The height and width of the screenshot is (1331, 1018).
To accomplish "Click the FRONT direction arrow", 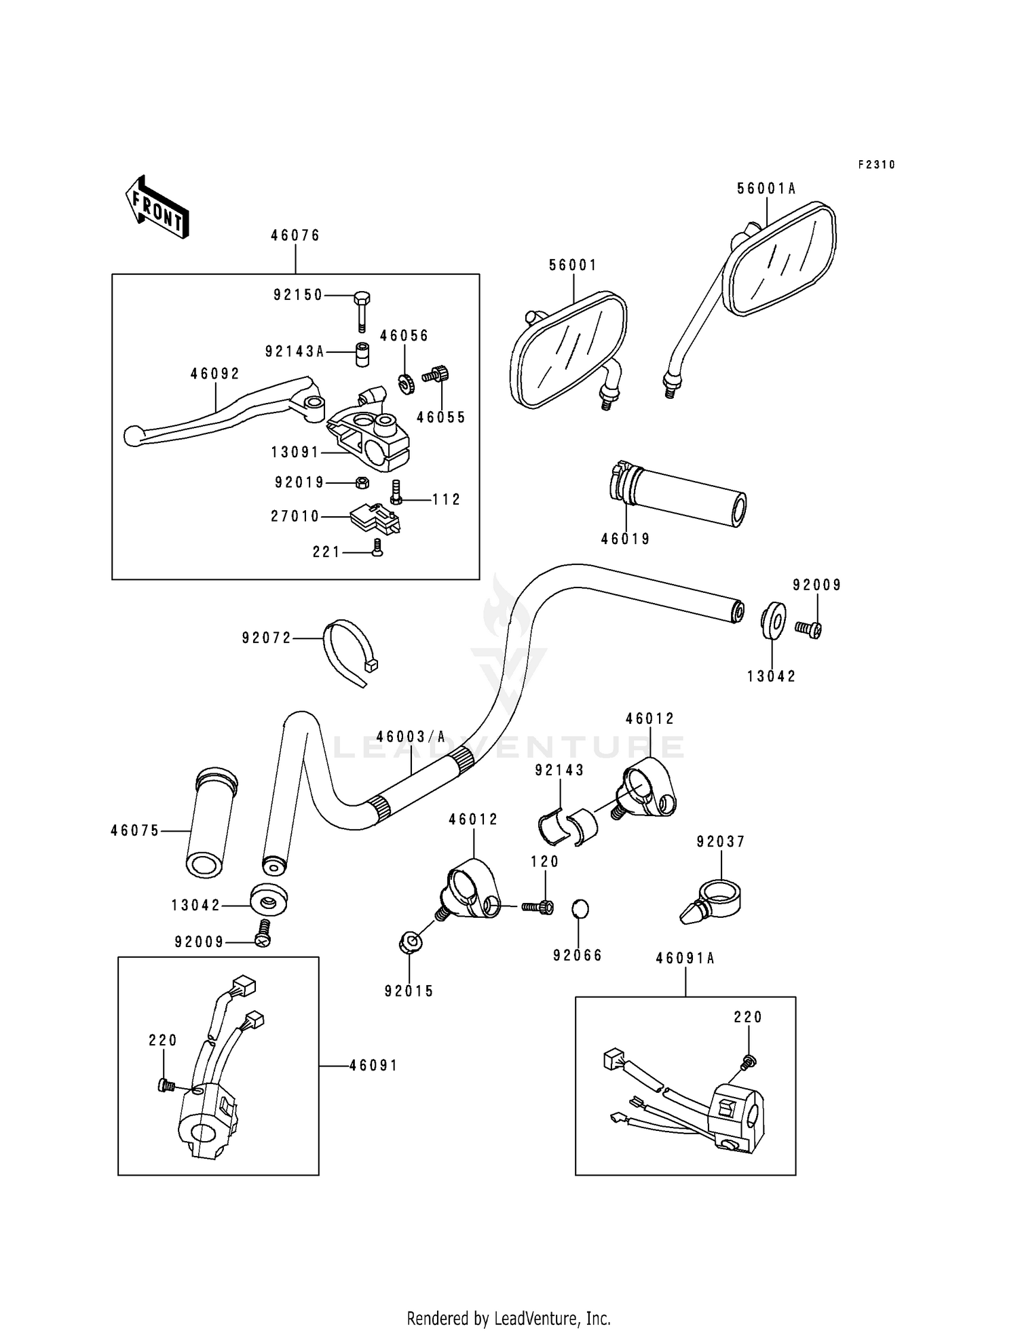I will (157, 208).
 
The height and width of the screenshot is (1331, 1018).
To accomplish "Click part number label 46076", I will (295, 236).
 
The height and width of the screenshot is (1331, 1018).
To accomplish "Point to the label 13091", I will (295, 452).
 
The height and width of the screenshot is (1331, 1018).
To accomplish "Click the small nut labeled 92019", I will (362, 483).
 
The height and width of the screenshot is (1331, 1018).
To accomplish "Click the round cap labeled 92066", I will (580, 908).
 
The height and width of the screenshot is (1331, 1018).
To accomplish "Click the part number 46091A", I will (685, 959).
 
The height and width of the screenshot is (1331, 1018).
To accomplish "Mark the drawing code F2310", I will (876, 165).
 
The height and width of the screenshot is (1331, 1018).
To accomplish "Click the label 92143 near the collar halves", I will (559, 771).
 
